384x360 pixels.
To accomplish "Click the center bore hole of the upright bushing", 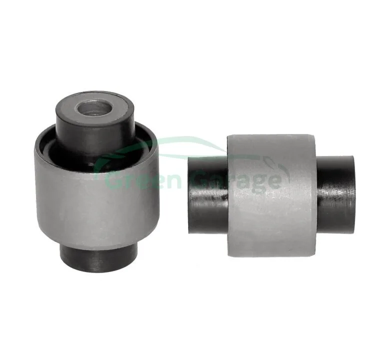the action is [94, 108].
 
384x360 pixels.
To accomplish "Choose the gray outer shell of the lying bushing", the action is [271, 195].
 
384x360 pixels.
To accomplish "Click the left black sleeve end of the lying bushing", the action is [208, 194].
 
